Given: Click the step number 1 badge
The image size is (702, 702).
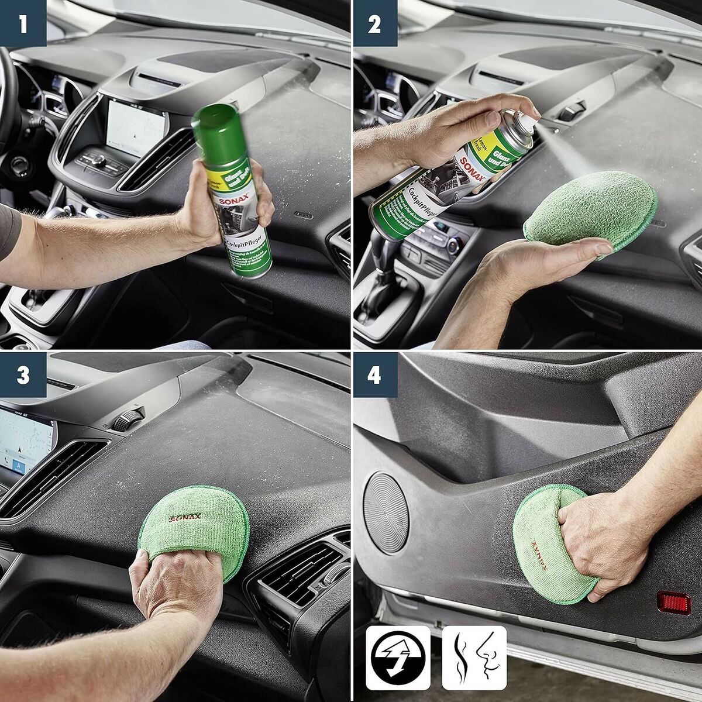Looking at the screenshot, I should coord(23,23).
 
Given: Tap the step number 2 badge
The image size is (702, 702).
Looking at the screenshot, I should coord(374,23).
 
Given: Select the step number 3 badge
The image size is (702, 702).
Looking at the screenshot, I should coord(23,375).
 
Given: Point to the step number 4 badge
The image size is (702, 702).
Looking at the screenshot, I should coord(374,375).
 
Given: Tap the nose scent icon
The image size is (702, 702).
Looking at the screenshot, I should coord(474,658).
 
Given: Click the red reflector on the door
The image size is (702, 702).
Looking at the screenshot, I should coord(673,602).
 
